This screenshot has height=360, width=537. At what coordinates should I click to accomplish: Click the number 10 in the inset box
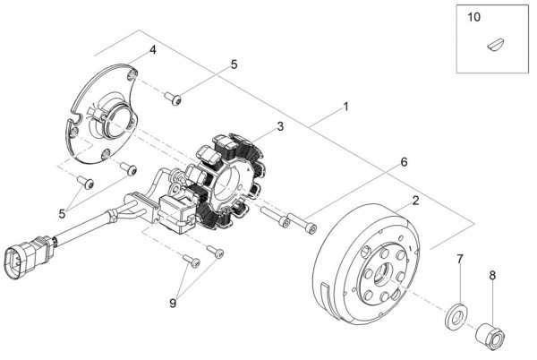click(x=474, y=17)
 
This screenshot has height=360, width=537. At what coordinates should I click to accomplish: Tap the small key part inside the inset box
click(x=495, y=41)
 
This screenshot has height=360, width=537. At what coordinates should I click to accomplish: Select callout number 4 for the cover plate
click(x=153, y=50)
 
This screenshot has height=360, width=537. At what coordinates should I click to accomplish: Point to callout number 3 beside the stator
click(x=280, y=128)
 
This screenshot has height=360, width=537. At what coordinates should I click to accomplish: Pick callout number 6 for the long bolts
click(x=404, y=162)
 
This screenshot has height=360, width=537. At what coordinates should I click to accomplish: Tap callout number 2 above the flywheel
click(x=414, y=201)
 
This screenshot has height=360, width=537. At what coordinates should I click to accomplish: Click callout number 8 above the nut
click(x=493, y=277)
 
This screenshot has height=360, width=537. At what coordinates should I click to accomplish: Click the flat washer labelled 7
click(x=456, y=316)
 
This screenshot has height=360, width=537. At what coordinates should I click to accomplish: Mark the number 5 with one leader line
click(x=234, y=64)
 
